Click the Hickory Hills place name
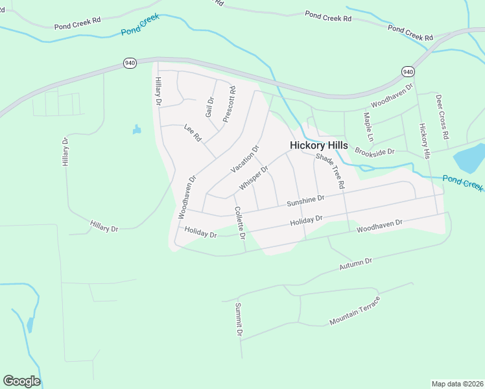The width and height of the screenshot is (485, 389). (318, 145)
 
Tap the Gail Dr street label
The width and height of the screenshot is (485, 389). (209, 107)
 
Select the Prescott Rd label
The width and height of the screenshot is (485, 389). (229, 104)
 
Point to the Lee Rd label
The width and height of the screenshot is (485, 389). (193, 133)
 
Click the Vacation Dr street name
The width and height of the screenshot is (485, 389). (245, 159)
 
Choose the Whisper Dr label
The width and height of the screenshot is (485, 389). (254, 178)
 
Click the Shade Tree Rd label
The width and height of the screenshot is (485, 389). (330, 171)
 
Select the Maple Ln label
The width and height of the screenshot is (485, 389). (368, 128)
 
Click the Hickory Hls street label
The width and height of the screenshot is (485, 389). (425, 141)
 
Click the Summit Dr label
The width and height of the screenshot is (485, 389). (239, 320)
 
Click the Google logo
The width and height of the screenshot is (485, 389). (21, 381)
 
